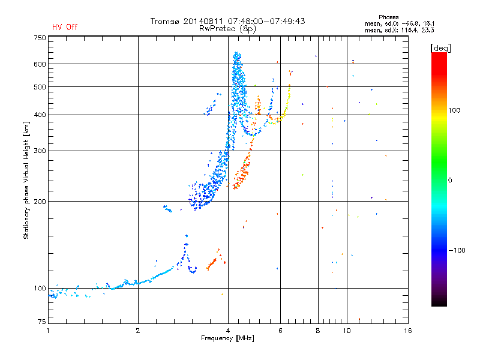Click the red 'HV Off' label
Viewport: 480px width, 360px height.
[65, 27]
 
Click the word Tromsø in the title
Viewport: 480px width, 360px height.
[165, 22]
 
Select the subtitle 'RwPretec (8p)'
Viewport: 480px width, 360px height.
[227, 29]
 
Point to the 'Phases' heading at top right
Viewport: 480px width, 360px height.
[388, 17]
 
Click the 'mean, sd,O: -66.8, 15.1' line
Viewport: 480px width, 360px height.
[400, 23]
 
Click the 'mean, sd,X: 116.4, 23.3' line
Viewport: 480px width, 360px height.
[400, 30]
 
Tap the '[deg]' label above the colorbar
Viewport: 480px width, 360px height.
[440, 49]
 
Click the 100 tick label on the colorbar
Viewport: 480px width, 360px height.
[454, 110]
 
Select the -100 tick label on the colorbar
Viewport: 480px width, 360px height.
[457, 250]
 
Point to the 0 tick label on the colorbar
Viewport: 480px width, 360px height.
[449, 181]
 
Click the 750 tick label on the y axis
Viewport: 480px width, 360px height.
[40, 38]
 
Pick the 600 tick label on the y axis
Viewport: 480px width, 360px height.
[40, 64]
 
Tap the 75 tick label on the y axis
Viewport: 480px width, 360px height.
[42, 322]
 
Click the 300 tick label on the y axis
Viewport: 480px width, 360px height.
[40, 151]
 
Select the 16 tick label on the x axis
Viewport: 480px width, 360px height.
[407, 331]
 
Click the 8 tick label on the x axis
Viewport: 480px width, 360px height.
[318, 331]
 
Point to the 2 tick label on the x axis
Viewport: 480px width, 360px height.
[138, 331]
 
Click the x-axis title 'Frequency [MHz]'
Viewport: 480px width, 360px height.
[227, 338]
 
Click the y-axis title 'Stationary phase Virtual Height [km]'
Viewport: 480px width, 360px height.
[26, 181]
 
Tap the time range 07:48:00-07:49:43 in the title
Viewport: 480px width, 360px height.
[266, 22]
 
